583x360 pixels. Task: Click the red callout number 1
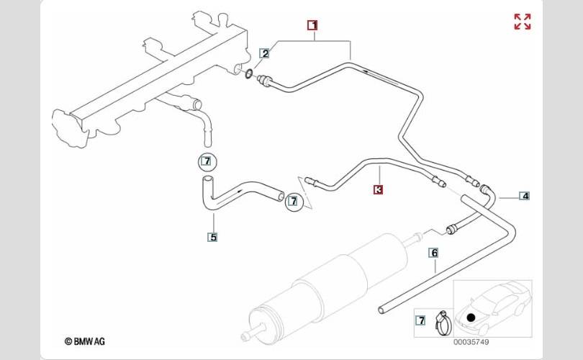click(312, 25)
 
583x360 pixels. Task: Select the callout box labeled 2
click(265, 53)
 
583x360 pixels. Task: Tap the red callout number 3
click(378, 189)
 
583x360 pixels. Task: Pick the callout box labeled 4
click(524, 196)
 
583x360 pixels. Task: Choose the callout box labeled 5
click(212, 237)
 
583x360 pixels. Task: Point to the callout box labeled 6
click(434, 253)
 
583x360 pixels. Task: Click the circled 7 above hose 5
click(207, 162)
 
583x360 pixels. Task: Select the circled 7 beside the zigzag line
click(294, 201)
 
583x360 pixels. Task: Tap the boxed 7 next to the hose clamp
click(420, 320)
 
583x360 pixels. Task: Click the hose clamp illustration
click(443, 322)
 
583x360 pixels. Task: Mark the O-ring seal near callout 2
click(250, 73)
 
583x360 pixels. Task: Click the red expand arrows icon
click(523, 22)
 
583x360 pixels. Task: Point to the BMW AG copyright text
click(85, 341)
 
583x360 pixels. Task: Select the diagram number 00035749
click(471, 342)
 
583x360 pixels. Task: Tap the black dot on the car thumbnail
click(471, 318)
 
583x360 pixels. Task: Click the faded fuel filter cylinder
click(327, 287)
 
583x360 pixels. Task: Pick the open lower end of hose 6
click(381, 310)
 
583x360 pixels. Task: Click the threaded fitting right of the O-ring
click(265, 80)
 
